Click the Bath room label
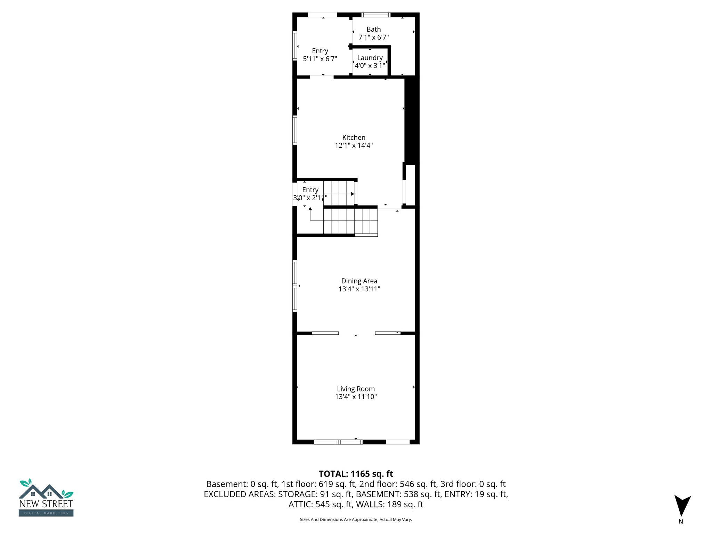373,30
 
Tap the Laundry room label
370,58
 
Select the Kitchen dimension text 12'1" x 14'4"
354,145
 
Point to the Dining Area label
359,281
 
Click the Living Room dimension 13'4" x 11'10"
356,397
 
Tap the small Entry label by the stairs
310,190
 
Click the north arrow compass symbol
682,505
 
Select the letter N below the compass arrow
681,521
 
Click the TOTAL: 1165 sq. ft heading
356,474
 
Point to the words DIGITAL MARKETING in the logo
46,513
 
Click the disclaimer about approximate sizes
356,519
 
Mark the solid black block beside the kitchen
412,120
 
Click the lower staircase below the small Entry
350,221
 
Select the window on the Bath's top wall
376,15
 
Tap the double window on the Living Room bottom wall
338,442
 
